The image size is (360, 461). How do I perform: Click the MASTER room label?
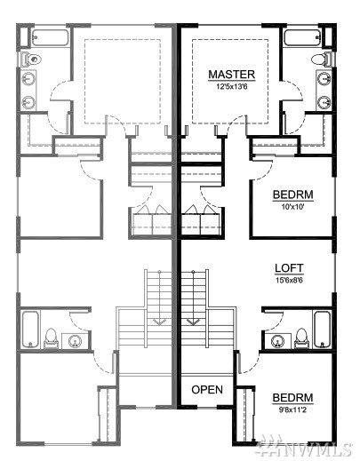coord(231,75)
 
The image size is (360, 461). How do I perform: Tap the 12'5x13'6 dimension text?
coord(231,87)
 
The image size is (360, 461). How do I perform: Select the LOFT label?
coord(289,268)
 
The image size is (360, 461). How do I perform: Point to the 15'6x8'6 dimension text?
coord(289,280)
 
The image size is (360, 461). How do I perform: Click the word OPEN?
coord(207,390)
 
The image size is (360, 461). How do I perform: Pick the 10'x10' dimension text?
coord(292,207)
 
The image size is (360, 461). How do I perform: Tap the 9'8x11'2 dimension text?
coord(292,409)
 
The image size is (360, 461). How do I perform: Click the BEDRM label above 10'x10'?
coord(292,195)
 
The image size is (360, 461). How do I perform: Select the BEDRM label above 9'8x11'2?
coord(292,398)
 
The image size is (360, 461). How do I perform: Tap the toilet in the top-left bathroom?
coord(31,60)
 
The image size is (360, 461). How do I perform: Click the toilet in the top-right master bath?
coord(322,60)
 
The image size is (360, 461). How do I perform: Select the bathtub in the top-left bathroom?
coord(50,37)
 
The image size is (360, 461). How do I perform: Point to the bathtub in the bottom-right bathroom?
coord(323,330)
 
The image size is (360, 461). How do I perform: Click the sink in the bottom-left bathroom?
coord(75,341)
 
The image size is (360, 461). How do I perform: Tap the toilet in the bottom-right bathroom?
coord(301,338)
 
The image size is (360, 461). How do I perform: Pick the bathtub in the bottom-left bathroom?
coord(30,330)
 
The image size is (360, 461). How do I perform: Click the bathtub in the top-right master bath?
coord(302,37)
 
